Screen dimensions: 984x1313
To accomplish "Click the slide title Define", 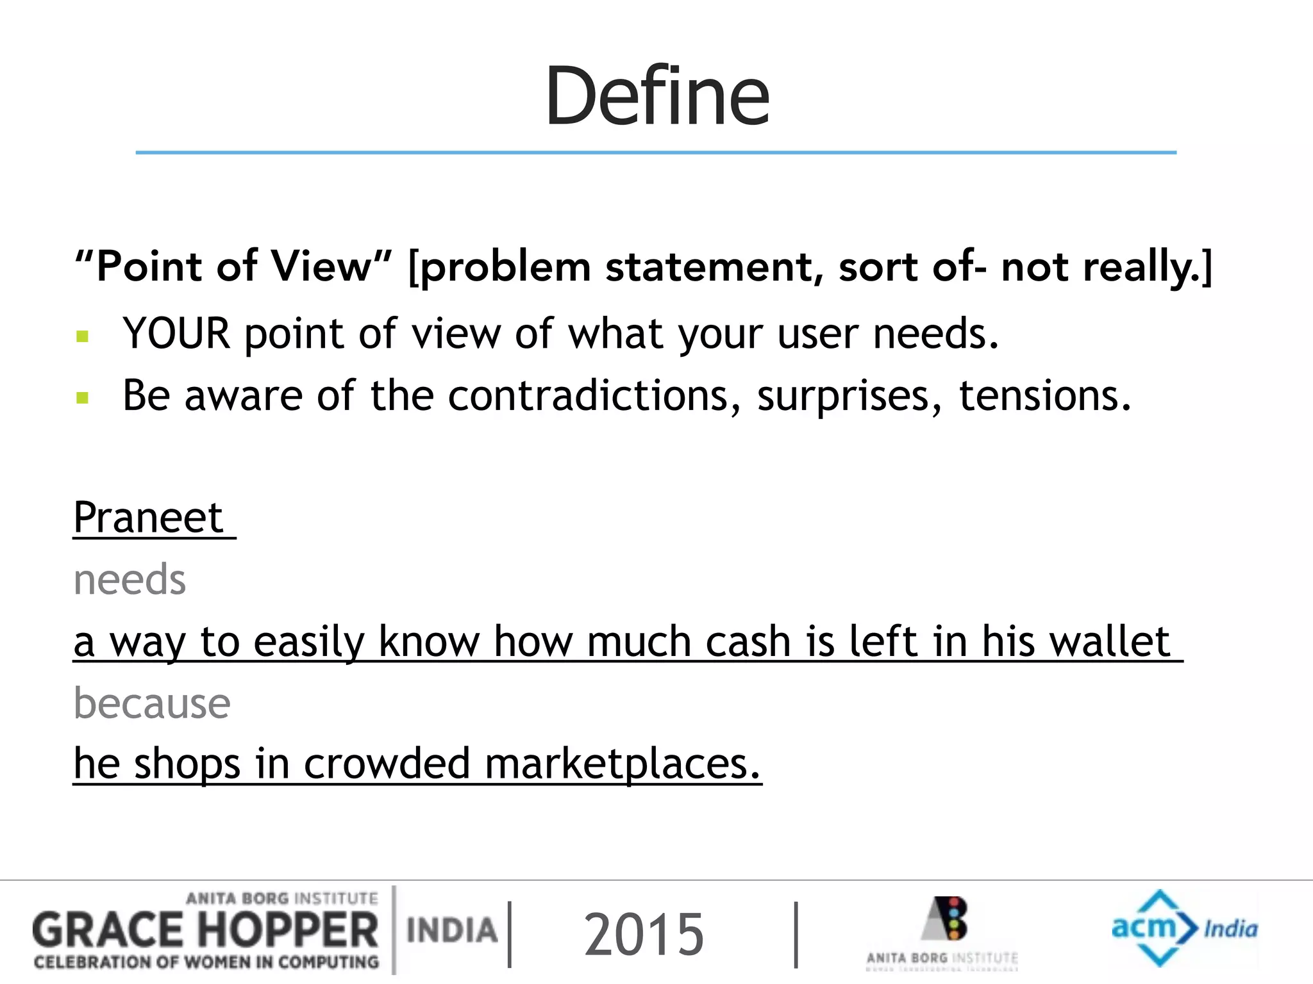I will tap(656, 96).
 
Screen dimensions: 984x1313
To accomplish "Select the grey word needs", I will tap(130, 579).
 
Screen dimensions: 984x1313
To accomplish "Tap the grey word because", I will tap(152, 703).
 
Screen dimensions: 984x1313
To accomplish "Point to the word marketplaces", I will tap(622, 764).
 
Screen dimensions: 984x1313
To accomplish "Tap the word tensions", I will tap(1044, 395).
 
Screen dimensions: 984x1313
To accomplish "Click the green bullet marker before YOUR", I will tap(82, 336).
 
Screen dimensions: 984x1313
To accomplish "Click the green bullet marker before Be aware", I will tap(82, 398).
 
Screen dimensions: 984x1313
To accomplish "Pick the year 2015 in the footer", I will tap(643, 935).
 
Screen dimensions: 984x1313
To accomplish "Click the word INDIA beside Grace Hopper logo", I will tap(452, 930).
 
